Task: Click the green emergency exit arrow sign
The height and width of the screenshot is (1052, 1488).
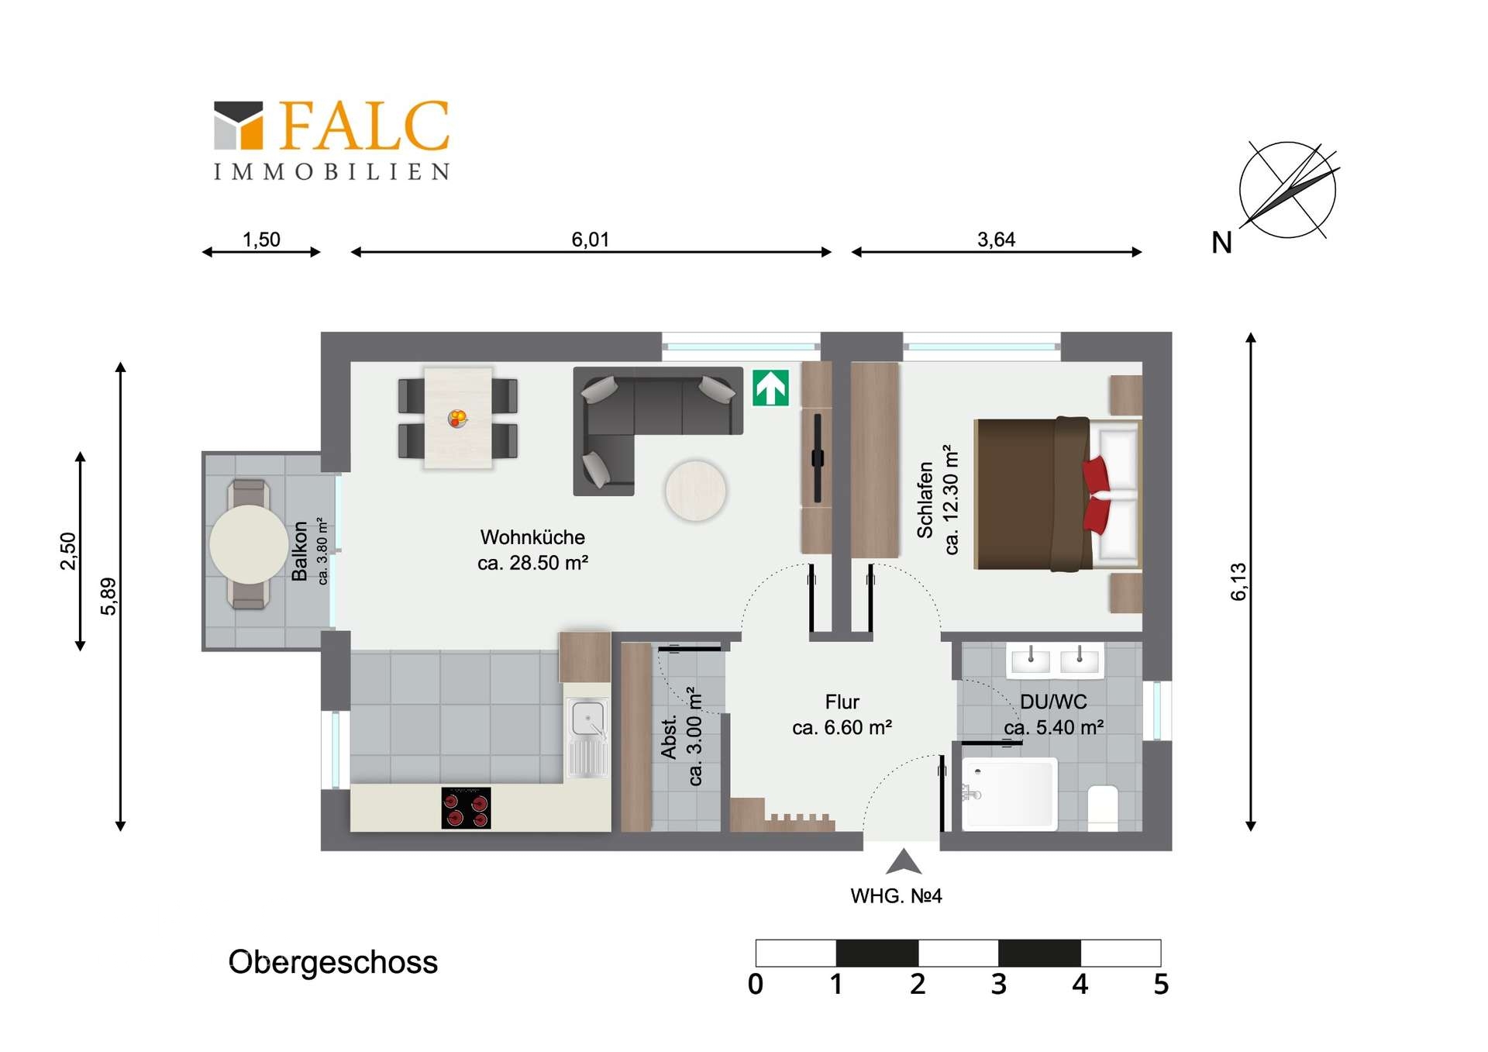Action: (770, 388)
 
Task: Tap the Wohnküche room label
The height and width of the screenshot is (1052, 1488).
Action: (532, 537)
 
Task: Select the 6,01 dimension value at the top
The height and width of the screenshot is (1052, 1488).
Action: (590, 240)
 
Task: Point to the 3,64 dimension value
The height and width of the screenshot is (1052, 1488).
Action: (996, 240)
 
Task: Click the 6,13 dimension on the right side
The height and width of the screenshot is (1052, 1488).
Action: (1238, 581)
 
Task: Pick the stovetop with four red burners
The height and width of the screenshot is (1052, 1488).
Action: (466, 808)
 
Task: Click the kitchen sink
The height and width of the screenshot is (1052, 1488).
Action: (588, 718)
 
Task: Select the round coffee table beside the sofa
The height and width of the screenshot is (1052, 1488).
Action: (695, 491)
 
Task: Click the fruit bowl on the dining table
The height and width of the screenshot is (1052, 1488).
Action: (458, 419)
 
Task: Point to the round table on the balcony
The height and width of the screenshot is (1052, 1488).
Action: (249, 544)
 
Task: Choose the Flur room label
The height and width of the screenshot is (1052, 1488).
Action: (842, 702)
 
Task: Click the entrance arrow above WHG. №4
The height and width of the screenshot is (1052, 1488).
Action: (903, 862)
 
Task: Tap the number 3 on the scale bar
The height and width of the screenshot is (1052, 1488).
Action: (998, 985)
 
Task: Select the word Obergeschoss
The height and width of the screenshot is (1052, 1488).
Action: (332, 962)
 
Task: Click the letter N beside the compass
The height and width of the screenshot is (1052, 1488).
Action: (1221, 243)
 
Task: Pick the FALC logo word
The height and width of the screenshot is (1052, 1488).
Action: (363, 126)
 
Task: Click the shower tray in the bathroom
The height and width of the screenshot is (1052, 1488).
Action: (1010, 794)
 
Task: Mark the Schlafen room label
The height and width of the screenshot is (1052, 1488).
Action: (925, 500)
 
